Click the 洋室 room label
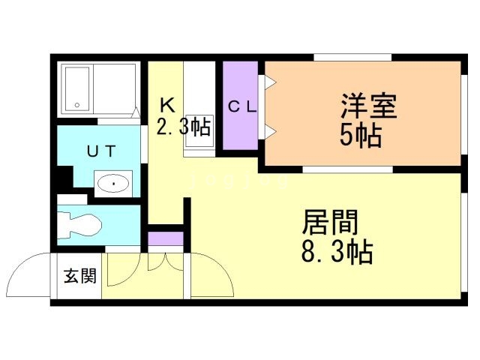[x=368, y=106]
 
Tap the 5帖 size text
[x=361, y=135]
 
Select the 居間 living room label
[x=330, y=222]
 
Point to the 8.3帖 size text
[x=337, y=252]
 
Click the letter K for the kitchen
[x=168, y=105]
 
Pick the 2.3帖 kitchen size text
[x=183, y=126]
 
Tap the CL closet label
[x=242, y=107]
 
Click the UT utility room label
[x=102, y=151]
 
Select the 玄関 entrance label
[x=80, y=276]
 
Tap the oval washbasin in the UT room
[x=113, y=184]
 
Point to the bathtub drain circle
[x=76, y=105]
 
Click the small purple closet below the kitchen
[x=166, y=238]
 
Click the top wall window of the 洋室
[x=352, y=57]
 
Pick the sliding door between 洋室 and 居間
[x=347, y=169]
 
